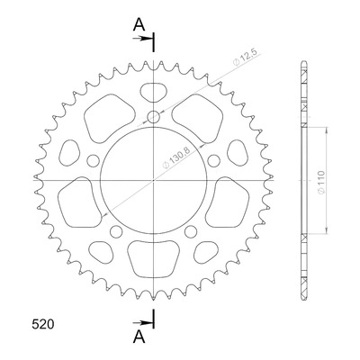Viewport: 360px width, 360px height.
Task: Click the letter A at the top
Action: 139,24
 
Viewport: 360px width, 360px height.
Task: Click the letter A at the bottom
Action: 139,337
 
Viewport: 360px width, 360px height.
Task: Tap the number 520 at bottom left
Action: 43,325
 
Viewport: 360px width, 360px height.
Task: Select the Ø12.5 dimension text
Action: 245,57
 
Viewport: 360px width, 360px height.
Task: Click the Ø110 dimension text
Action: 320,182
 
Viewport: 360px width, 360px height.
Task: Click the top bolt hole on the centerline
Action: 154,116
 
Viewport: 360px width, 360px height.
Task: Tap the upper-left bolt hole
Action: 93,160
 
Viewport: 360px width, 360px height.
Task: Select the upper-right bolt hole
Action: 214,160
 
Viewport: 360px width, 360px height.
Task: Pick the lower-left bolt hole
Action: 116,231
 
